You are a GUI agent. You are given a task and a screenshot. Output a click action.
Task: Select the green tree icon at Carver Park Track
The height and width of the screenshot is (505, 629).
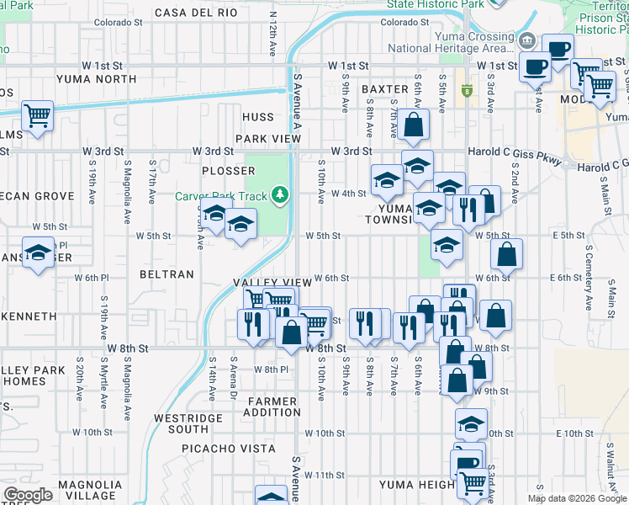click(x=281, y=196)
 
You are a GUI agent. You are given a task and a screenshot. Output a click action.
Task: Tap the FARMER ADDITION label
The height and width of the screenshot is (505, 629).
click(x=272, y=407)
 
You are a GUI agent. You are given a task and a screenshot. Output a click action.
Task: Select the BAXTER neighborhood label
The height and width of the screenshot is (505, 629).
click(x=384, y=89)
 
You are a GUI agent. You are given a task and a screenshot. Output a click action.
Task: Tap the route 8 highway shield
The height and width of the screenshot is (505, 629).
click(x=466, y=90)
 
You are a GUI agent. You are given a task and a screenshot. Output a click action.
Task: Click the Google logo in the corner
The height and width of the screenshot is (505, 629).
click(x=28, y=495)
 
